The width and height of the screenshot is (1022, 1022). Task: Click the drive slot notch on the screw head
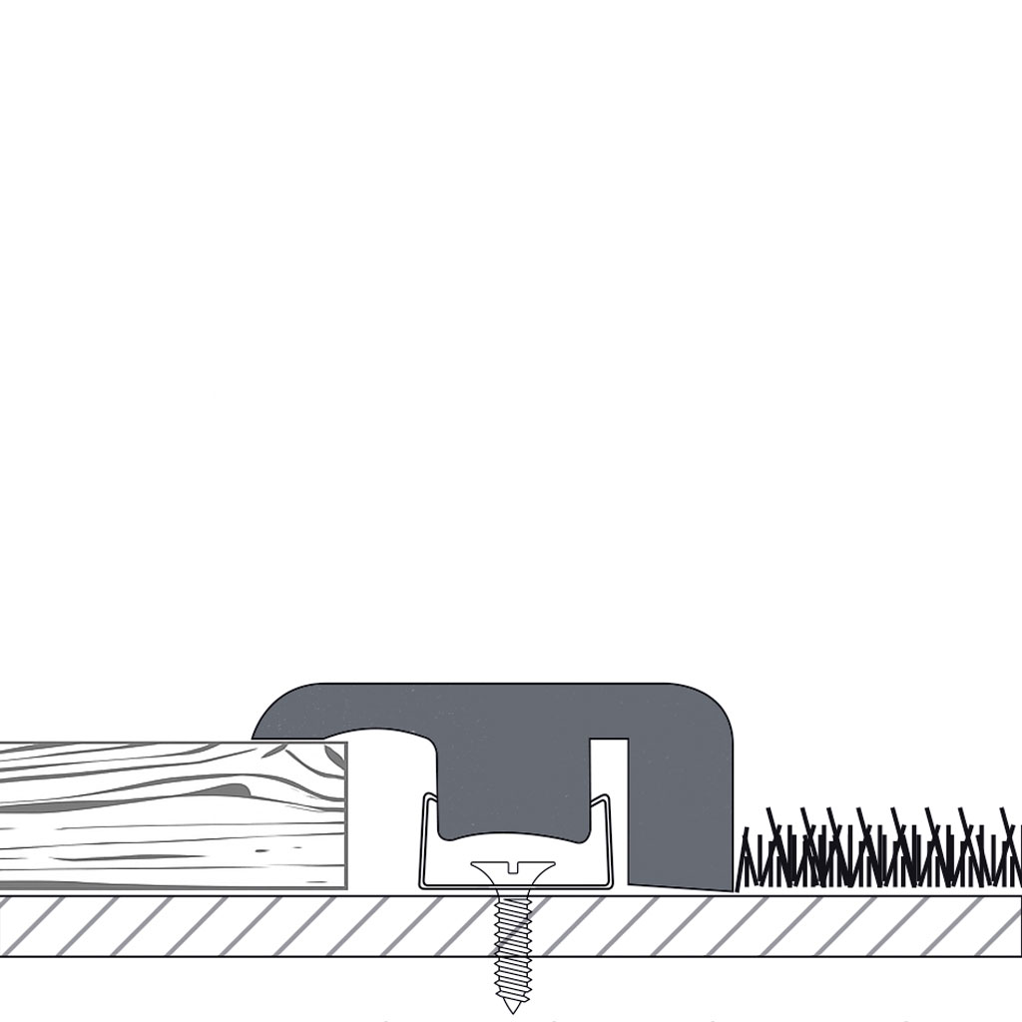point(513,865)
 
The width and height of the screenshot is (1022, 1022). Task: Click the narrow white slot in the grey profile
point(608,788)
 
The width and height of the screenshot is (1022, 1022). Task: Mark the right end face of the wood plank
point(345,813)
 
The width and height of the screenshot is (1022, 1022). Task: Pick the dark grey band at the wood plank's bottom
point(170,884)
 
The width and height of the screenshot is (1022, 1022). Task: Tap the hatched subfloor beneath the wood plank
point(170,926)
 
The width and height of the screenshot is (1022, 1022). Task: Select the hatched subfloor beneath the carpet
point(878,926)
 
